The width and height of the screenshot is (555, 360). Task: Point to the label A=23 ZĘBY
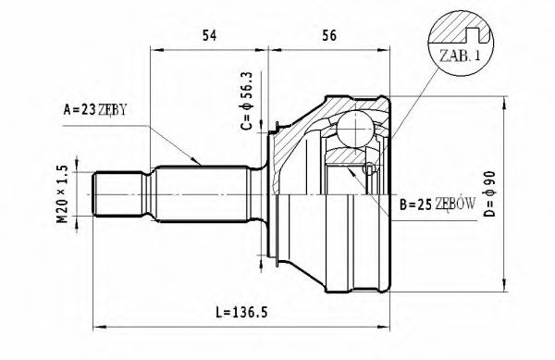pyautogui.click(x=94, y=109)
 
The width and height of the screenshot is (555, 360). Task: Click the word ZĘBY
pyautogui.click(x=110, y=109)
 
